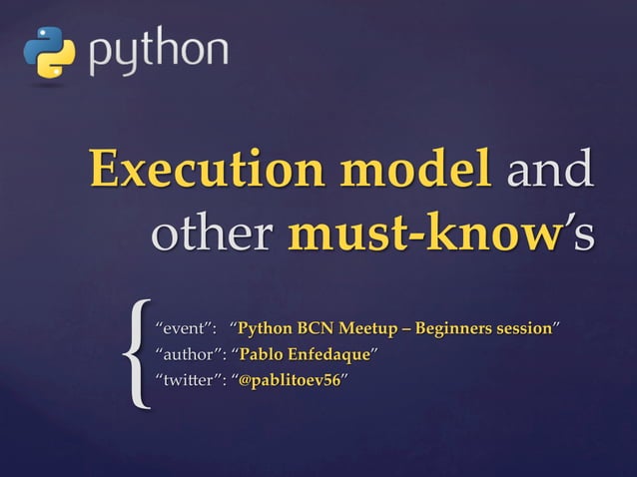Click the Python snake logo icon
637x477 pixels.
[49, 53]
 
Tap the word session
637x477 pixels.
[526, 328]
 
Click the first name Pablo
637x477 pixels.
[261, 354]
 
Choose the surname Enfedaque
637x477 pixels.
[328, 354]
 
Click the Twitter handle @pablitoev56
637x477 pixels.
[290, 380]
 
